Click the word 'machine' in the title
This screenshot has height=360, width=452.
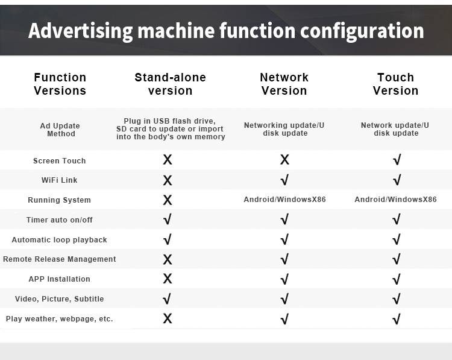(x=176, y=31)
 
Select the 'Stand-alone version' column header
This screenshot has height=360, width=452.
(x=171, y=84)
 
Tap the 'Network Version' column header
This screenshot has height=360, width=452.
(x=284, y=84)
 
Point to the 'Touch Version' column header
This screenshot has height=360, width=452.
(x=395, y=84)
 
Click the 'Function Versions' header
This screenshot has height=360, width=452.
(x=60, y=84)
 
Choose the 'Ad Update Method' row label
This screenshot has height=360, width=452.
(x=60, y=130)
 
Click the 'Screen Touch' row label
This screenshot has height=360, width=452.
(x=60, y=160)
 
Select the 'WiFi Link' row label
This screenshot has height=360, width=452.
(x=60, y=180)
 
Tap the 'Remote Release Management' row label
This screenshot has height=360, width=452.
(x=60, y=259)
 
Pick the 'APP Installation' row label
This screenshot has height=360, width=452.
(x=60, y=279)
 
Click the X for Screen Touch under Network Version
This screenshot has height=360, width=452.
(x=284, y=160)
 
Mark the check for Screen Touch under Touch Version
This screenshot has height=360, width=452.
(x=397, y=160)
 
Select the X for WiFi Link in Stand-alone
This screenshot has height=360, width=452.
(x=168, y=180)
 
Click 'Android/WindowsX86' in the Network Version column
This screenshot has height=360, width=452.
(x=285, y=200)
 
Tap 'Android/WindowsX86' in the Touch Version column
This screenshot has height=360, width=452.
(x=395, y=200)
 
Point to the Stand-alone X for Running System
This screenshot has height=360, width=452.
(x=168, y=200)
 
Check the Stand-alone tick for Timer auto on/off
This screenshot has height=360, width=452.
(x=167, y=219)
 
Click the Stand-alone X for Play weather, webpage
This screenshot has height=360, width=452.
(x=168, y=318)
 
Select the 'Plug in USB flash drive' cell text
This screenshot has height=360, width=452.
(x=171, y=128)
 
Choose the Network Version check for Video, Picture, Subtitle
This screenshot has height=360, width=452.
(x=284, y=299)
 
